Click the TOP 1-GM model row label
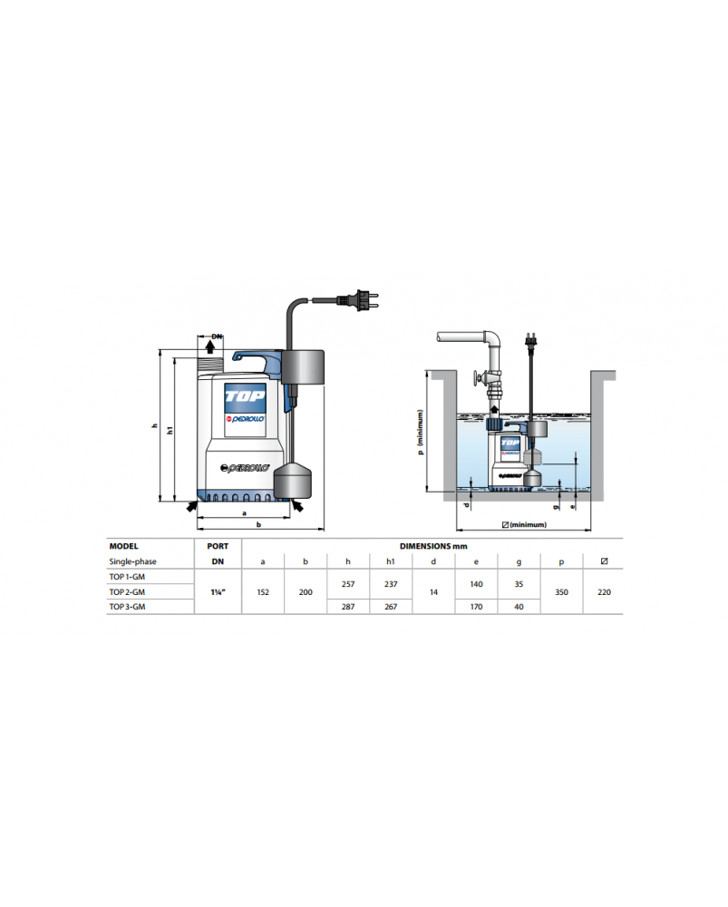click(x=127, y=577)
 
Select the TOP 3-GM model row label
click(x=127, y=607)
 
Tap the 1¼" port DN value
click(x=218, y=591)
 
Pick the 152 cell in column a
click(x=263, y=592)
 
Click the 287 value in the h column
click(x=348, y=607)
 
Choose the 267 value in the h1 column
click(x=391, y=607)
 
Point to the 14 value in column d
click(x=433, y=592)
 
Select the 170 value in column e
click(x=477, y=607)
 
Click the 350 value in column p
click(x=561, y=592)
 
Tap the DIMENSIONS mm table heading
click(x=433, y=546)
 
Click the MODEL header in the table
click(x=123, y=546)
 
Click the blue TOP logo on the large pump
click(x=245, y=397)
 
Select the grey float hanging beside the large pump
click(x=293, y=480)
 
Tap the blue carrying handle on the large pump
click(x=257, y=362)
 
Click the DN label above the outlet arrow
click(x=217, y=336)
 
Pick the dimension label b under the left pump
click(x=258, y=524)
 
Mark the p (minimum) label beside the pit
click(x=421, y=432)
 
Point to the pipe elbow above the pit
click(x=492, y=340)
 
